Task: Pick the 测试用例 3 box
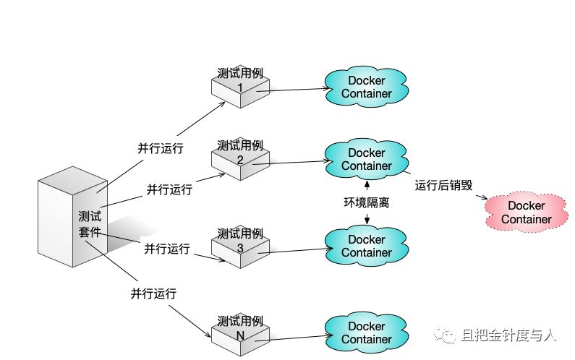coord(239,245)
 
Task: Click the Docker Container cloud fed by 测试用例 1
coord(367,87)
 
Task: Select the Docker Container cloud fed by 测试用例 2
coord(367,160)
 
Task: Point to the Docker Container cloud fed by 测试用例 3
coord(367,246)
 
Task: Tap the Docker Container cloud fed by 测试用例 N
coord(367,333)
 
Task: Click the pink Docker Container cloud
coord(526,213)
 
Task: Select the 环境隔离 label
coord(367,203)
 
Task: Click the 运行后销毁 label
coord(443,185)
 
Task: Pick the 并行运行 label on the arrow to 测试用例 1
coord(161,148)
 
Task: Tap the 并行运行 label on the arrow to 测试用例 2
coord(169,189)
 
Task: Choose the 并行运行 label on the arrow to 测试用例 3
coord(166,249)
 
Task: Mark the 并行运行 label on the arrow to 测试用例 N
coord(153,294)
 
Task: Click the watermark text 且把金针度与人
coord(509,335)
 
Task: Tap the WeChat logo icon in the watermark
coord(449,335)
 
